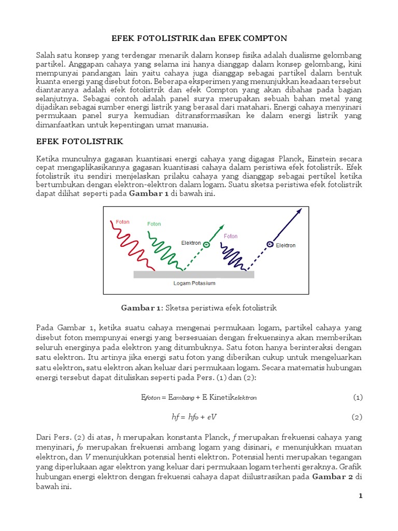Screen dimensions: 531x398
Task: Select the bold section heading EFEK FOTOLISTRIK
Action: tap(79, 141)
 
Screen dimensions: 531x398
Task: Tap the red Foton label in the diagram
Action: tap(123, 221)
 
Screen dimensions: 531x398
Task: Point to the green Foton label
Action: tap(154, 224)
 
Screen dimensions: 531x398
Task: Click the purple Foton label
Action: tap(231, 236)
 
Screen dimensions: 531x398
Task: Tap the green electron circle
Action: tap(206, 245)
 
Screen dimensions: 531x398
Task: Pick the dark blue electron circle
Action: tap(270, 244)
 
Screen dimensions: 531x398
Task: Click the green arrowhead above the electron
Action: tap(222, 227)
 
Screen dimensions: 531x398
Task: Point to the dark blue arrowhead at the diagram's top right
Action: tap(298, 212)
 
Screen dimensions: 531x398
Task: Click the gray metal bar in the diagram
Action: tap(194, 274)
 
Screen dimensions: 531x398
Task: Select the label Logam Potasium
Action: tap(194, 284)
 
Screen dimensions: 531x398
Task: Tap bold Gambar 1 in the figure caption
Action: tap(141, 308)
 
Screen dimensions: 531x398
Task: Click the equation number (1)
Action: tap(358, 397)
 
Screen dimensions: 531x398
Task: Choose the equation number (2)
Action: tap(358, 416)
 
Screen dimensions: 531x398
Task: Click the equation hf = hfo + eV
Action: tap(194, 416)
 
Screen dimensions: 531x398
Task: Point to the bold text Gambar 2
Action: tap(332, 477)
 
